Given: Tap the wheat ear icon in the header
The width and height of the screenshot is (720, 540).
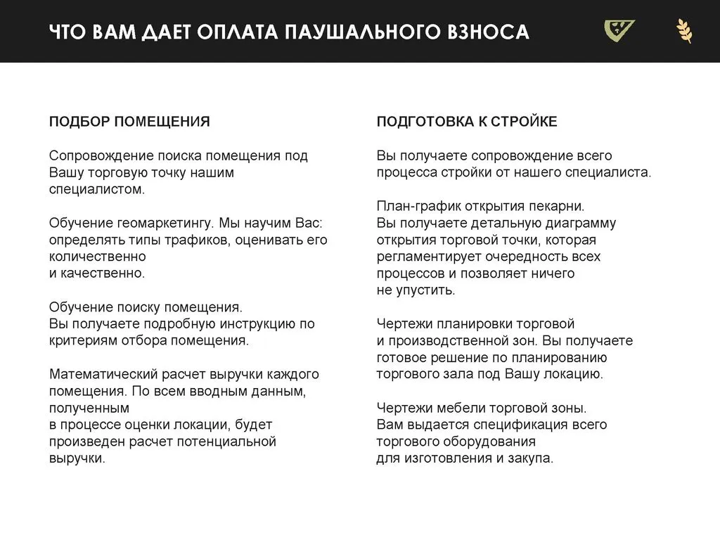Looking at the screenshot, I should click(683, 32).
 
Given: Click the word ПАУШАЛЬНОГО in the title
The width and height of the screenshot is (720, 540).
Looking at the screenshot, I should click(366, 32).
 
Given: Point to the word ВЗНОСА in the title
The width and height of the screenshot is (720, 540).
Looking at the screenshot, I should click(488, 32).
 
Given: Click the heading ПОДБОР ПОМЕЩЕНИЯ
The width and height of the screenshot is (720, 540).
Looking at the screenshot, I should click(129, 122).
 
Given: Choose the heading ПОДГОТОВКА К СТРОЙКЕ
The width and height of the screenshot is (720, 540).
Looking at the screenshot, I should click(467, 122).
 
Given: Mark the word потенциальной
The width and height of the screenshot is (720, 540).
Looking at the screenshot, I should click(229, 442).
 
